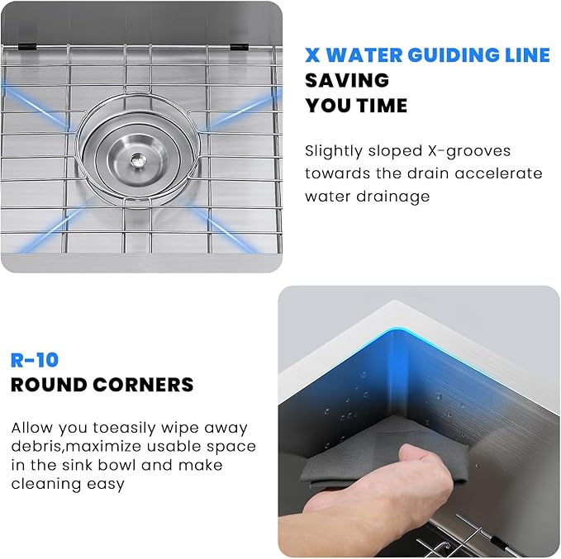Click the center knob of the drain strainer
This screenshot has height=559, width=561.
pyautogui.click(x=136, y=159)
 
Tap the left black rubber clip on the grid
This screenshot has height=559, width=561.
pyautogui.click(x=26, y=46)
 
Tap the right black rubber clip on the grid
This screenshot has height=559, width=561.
pyautogui.click(x=240, y=47)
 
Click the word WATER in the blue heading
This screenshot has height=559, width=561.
pyautogui.click(x=364, y=55)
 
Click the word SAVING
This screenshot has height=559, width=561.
pyautogui.click(x=347, y=80)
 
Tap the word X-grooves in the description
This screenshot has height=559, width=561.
pyautogui.click(x=469, y=151)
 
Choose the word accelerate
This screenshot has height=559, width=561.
pyautogui.click(x=499, y=173)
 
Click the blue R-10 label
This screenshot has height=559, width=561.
pyautogui.click(x=35, y=360)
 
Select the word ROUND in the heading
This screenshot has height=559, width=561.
pyautogui.click(x=49, y=385)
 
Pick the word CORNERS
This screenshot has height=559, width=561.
pyautogui.click(x=143, y=385)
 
